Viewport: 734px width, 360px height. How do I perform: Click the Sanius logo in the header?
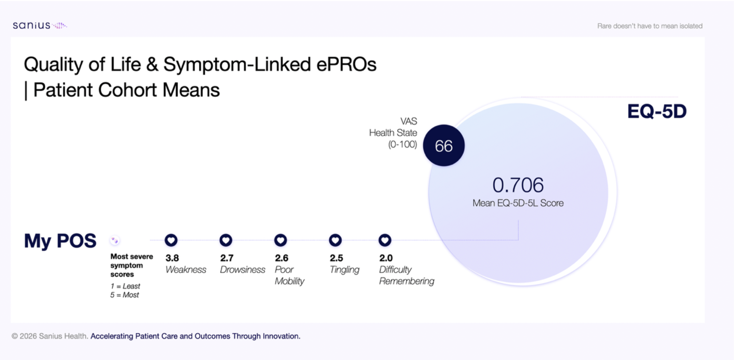point(40,25)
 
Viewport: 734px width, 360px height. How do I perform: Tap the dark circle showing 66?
point(444,145)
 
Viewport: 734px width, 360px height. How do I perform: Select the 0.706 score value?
point(518,185)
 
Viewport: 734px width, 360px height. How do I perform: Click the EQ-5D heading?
point(657,111)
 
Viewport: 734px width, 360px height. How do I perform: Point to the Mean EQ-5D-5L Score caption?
point(518,203)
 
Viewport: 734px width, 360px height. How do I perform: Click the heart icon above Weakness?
point(171,240)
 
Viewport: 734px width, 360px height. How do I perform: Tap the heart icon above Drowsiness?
point(226,240)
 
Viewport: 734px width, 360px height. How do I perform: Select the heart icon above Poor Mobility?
point(280,240)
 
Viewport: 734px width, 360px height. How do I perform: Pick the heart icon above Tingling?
point(335,240)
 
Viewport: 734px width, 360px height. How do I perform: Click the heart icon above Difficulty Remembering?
point(385,240)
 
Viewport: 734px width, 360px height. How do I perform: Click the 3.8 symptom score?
point(172,258)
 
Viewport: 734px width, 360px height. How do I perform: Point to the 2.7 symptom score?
point(227,258)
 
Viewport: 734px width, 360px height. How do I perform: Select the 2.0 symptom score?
point(386,258)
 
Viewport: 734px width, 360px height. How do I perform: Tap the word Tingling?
point(344,270)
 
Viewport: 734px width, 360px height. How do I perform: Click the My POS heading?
point(60,241)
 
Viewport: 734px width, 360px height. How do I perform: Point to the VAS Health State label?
point(393,133)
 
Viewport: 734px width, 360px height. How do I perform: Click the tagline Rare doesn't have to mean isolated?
point(650,26)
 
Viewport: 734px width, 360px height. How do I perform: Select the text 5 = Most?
point(125,295)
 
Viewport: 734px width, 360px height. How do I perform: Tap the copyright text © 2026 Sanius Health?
point(50,336)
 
